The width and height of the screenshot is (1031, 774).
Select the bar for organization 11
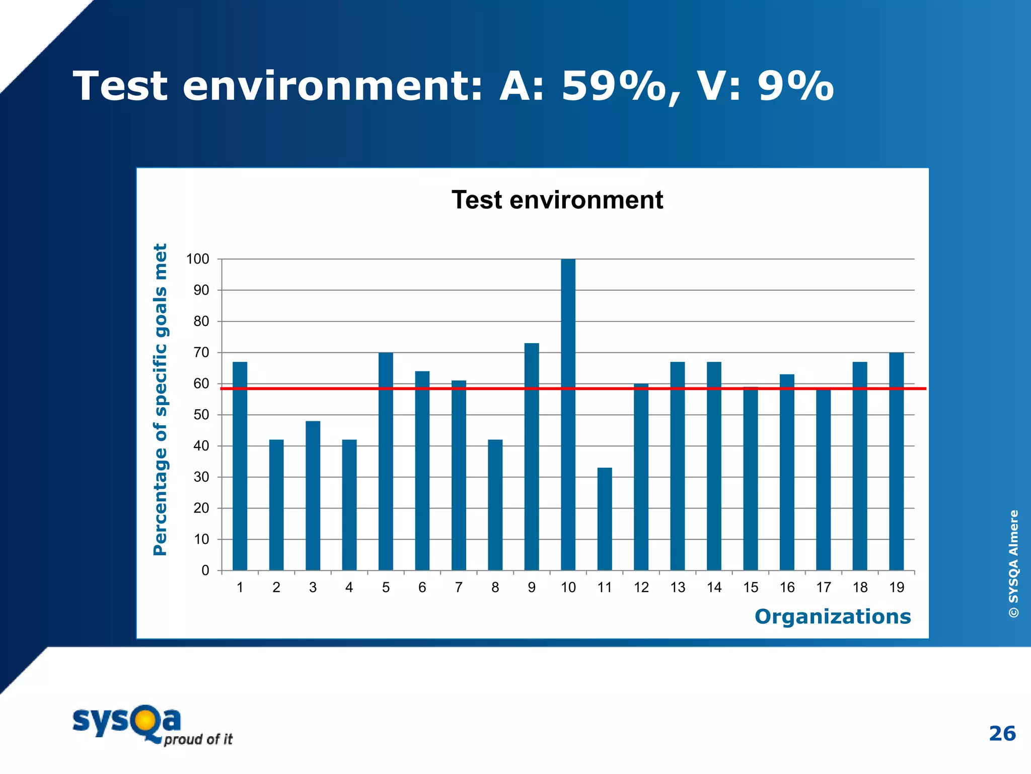605,519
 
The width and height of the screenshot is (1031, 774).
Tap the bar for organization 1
240,466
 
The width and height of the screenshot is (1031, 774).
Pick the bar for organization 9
532,457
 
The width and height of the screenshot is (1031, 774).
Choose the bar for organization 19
896,461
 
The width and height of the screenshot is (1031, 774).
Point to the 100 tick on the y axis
198,260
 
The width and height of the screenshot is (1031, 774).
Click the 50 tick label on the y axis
201,415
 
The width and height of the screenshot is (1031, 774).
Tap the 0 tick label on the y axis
205,571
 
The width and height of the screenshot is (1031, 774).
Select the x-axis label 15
751,588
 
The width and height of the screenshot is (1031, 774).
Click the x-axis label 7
459,588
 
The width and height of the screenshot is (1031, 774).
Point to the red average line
503,389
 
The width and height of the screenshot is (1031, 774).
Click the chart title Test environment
557,200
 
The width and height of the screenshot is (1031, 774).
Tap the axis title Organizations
833,617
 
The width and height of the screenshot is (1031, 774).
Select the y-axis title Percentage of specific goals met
160,400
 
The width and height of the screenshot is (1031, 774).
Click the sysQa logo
151,725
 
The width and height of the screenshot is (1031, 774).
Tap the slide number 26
1002,734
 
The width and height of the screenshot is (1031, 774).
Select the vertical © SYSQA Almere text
1013,563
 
